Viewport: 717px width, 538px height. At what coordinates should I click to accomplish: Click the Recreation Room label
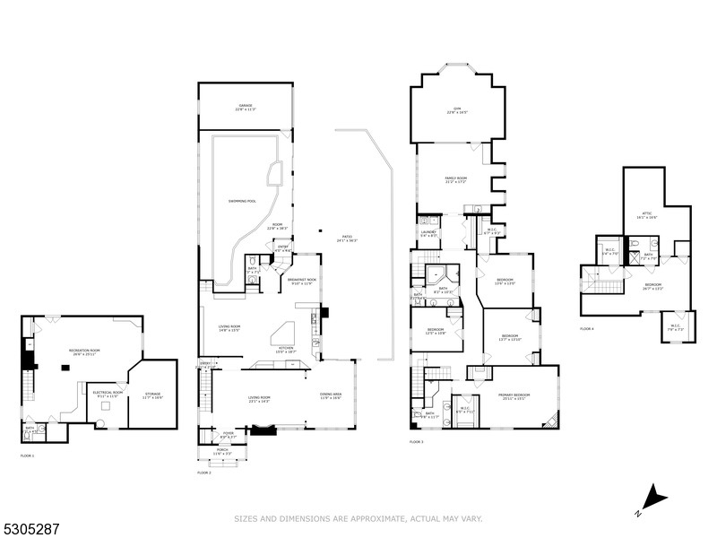pos(83,351)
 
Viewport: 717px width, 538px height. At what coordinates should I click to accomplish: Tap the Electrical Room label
pos(108,394)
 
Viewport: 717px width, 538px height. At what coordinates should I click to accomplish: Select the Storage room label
pos(152,395)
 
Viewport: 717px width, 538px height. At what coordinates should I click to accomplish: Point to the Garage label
pos(246,108)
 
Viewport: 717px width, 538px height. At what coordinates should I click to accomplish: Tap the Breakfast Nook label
pos(298,282)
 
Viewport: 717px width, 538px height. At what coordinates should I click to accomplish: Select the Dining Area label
pos(331,395)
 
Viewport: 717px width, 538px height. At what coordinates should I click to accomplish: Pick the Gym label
pos(457,110)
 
